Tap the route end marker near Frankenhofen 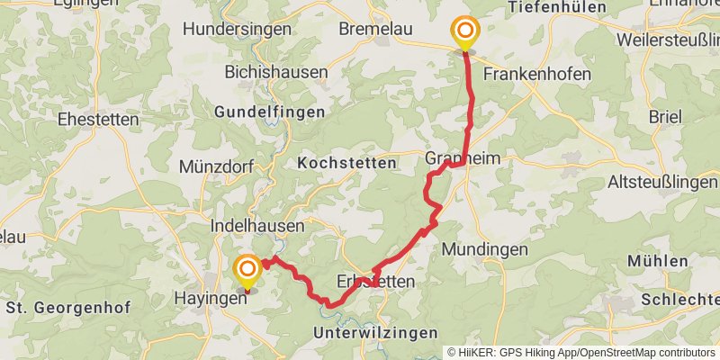pyautogui.click(x=465, y=33)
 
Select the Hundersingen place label pyautogui.click(x=237, y=29)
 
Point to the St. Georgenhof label pyautogui.click(x=68, y=308)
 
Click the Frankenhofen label pyautogui.click(x=537, y=73)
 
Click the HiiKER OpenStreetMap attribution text pyautogui.click(x=581, y=352)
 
